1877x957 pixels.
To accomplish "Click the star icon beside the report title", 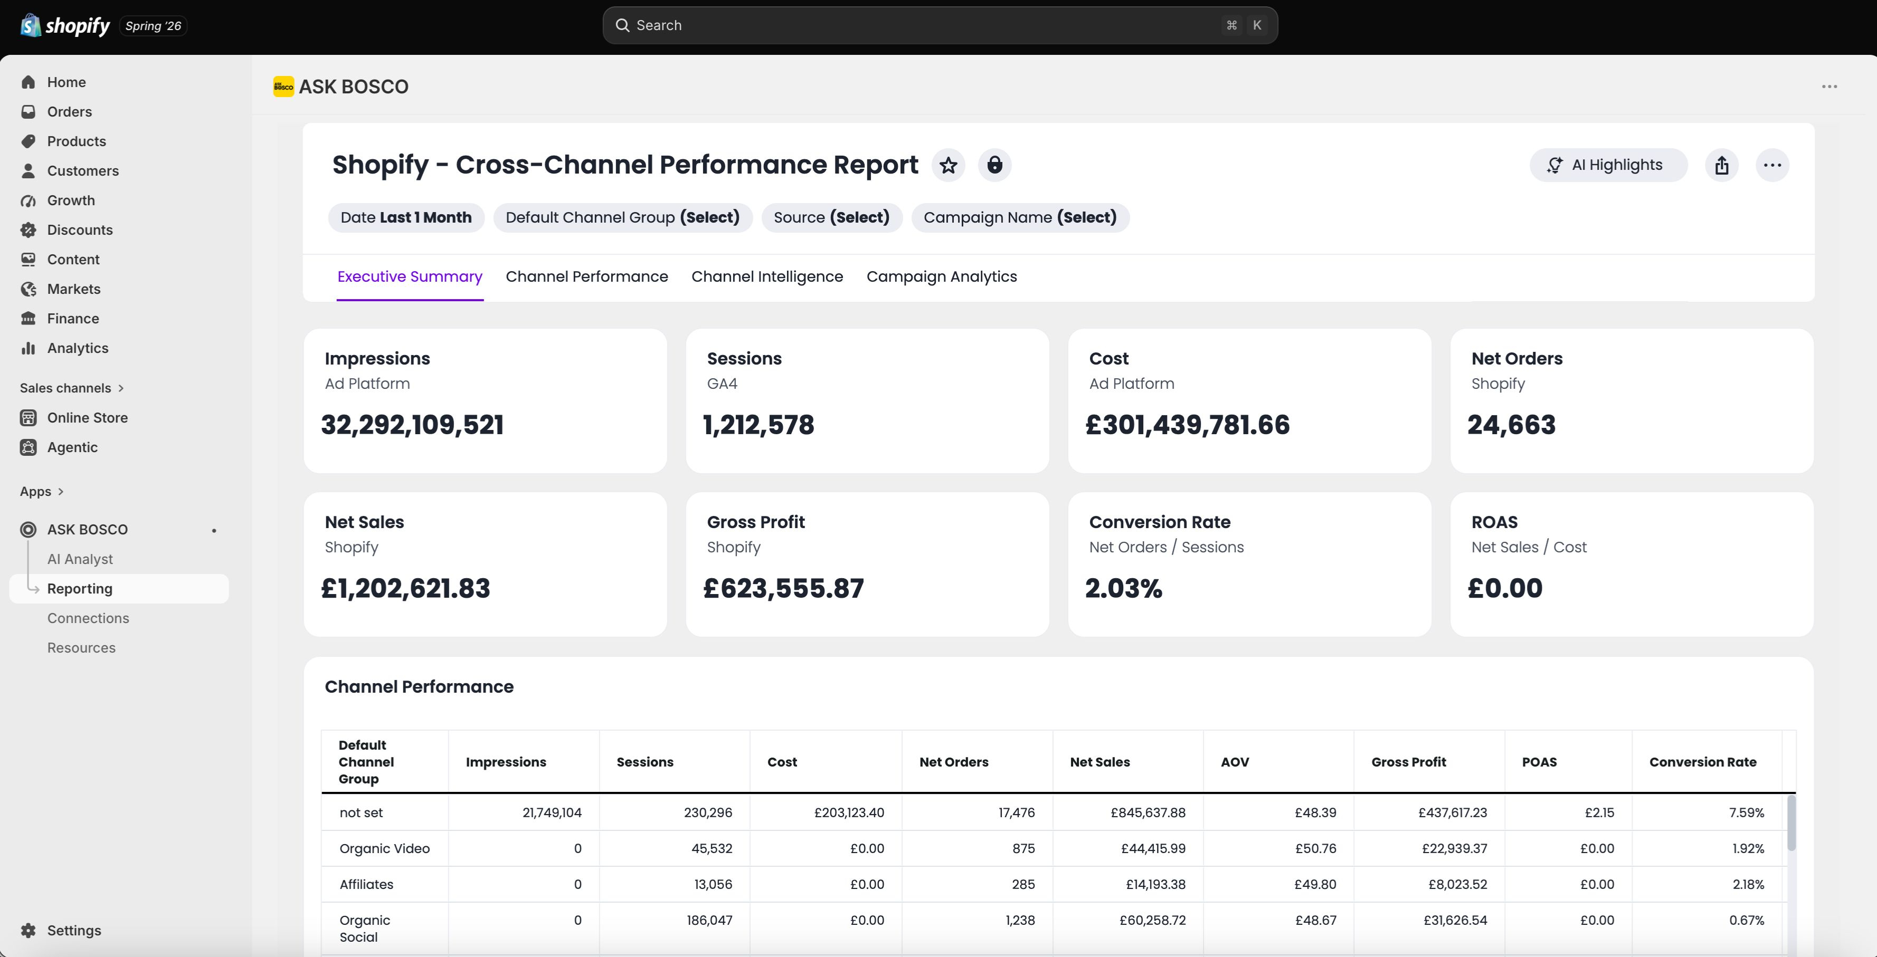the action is click(948, 165).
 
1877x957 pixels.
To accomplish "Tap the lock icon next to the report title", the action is click(994, 165).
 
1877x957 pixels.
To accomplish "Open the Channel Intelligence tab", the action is click(766, 277).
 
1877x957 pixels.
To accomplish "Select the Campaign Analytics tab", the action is click(942, 277).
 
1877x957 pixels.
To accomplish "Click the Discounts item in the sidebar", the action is click(79, 230).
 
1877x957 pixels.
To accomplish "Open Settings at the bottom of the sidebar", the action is click(73, 931).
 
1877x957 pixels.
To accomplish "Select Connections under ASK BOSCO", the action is click(88, 618).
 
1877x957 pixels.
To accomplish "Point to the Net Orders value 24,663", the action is click(1511, 425).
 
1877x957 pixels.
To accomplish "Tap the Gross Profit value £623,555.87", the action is click(783, 588).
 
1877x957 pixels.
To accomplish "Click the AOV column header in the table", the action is click(1234, 762).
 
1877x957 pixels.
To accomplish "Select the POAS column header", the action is click(1539, 762).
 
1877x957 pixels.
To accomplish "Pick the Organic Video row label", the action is click(385, 848).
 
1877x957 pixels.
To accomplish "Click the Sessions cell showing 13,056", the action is click(713, 884).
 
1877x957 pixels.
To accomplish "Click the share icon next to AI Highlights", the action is click(1722, 165).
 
